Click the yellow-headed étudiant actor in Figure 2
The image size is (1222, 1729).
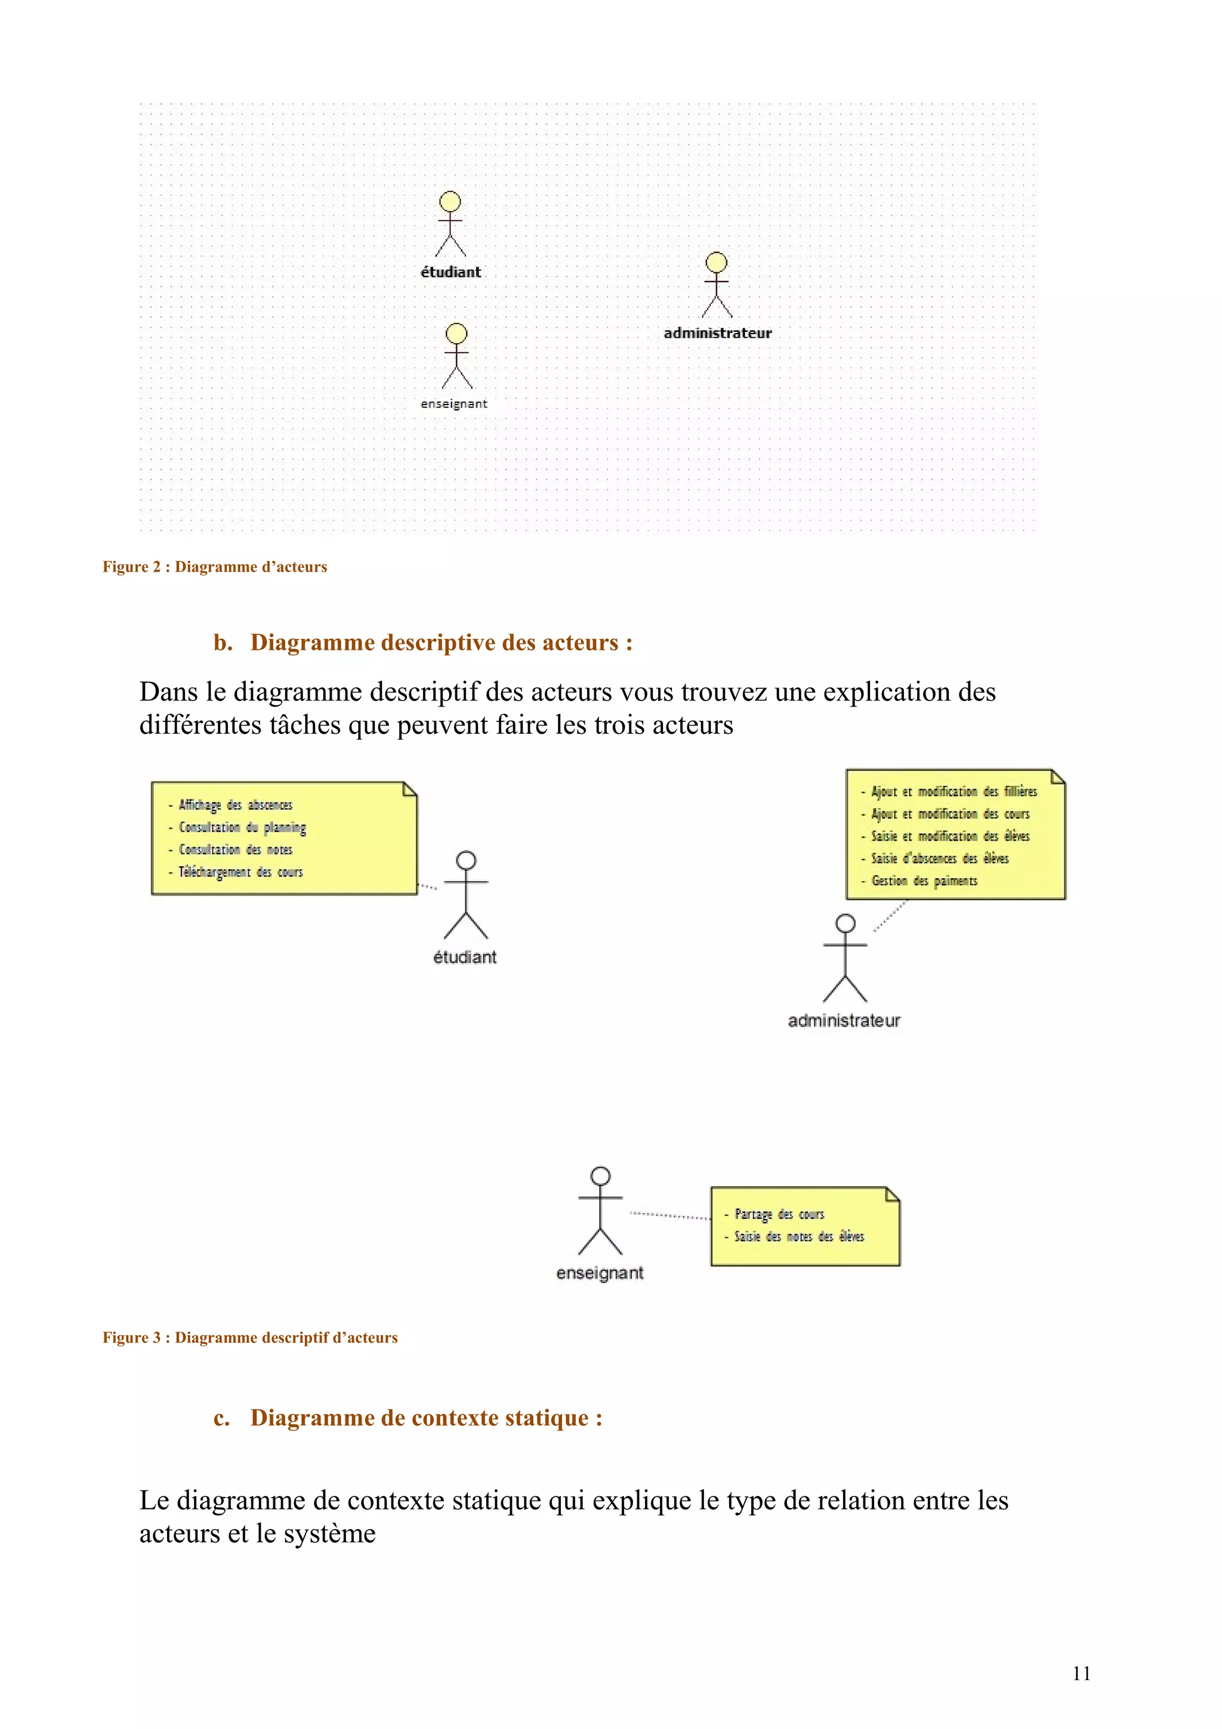click(450, 224)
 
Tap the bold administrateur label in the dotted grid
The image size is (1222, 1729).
click(718, 333)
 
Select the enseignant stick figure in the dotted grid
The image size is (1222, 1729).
click(456, 356)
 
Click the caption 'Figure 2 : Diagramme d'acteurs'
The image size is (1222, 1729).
click(215, 566)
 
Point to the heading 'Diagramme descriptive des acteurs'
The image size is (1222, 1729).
click(441, 643)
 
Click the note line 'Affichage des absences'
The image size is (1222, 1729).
click(235, 805)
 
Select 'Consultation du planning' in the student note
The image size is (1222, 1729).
click(242, 828)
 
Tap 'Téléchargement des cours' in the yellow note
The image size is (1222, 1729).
click(240, 872)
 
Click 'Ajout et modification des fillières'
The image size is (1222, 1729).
click(953, 792)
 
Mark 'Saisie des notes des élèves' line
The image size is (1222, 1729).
click(799, 1237)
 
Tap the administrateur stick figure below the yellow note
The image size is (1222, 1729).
click(845, 958)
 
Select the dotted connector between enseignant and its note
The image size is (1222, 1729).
click(669, 1215)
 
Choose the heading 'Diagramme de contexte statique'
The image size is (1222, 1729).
click(426, 1418)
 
